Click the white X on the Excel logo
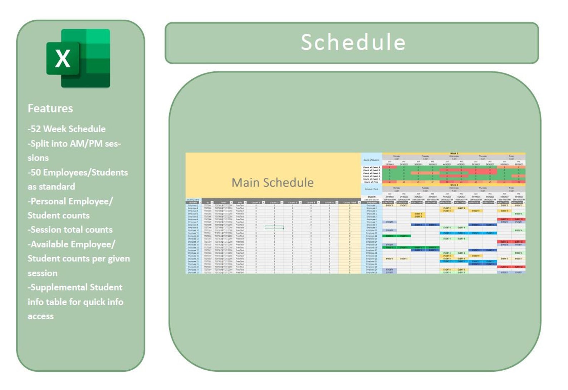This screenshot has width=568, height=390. [x=63, y=59]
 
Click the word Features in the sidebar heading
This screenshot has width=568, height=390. [x=50, y=108]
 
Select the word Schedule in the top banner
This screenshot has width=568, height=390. [x=353, y=42]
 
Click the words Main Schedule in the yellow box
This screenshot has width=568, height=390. [x=273, y=182]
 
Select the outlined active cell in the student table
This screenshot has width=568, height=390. [x=274, y=227]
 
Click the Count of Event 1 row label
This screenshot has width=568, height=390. [x=371, y=167]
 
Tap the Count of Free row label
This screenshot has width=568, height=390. [x=371, y=182]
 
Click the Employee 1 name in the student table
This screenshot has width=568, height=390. [x=193, y=206]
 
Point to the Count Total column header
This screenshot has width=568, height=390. [x=349, y=202]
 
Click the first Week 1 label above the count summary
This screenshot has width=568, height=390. [x=454, y=153]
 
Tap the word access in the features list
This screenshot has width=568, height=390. [x=41, y=316]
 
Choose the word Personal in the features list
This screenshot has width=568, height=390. [x=48, y=201]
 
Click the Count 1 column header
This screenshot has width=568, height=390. [x=255, y=202]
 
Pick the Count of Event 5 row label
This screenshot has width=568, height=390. [x=371, y=179]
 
